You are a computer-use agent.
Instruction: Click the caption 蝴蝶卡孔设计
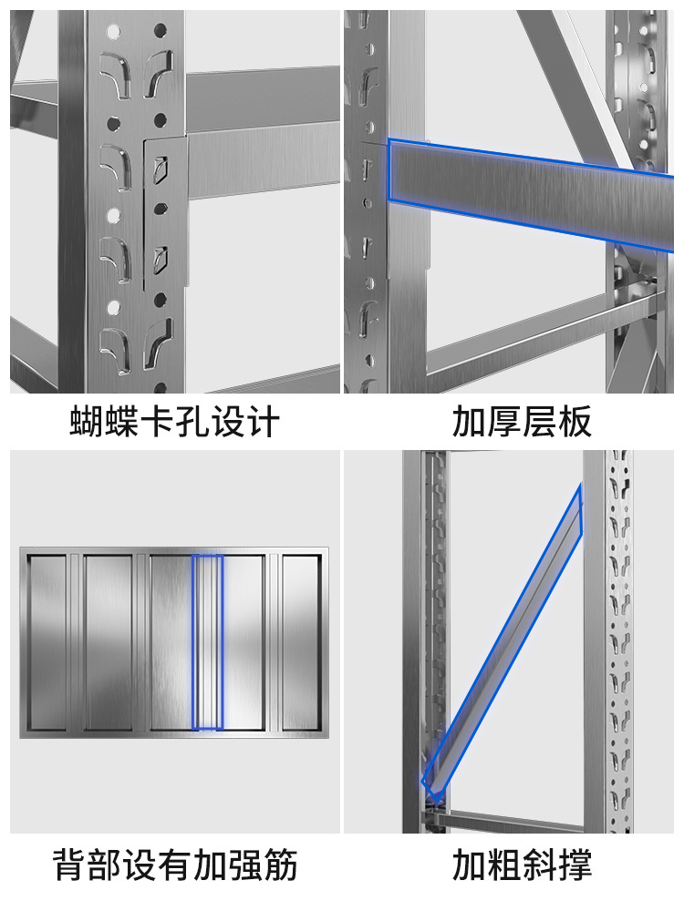point(174,422)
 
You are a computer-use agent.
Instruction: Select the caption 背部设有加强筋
point(174,864)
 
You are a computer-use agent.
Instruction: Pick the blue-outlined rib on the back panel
point(208,642)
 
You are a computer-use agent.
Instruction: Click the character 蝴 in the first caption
point(88,422)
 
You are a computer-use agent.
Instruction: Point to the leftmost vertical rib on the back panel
point(75,642)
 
